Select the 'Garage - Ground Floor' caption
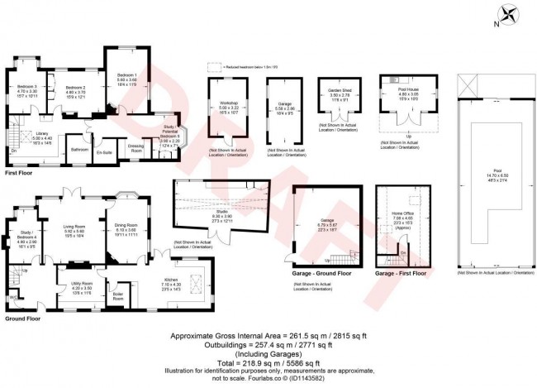point(320,272)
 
